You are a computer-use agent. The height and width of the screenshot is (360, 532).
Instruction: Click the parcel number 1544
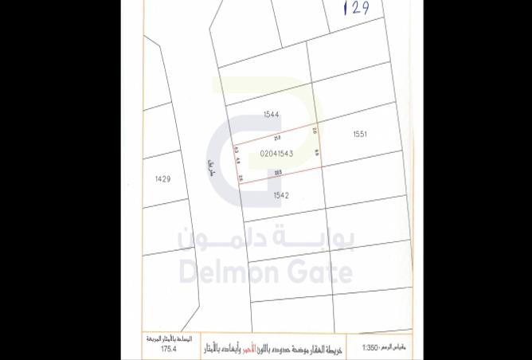(271, 115)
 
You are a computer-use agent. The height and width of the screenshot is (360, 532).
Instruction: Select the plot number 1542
(280, 195)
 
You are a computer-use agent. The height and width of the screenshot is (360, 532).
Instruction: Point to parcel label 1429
(162, 179)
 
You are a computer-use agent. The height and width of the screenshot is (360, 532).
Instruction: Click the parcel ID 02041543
(277, 154)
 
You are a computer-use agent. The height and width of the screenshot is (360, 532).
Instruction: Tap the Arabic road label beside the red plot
(211, 166)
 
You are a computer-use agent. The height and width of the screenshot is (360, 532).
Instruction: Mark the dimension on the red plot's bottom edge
(279, 172)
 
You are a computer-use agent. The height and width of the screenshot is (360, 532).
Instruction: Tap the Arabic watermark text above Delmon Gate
(266, 238)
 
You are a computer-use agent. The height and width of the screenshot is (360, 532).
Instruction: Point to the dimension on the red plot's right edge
(316, 152)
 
